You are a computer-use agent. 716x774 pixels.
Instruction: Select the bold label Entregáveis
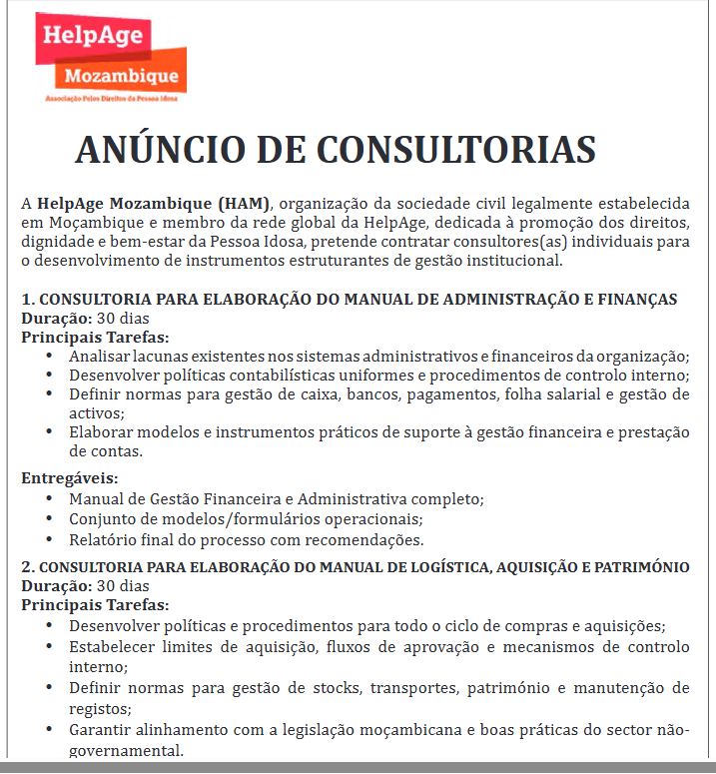[70, 477]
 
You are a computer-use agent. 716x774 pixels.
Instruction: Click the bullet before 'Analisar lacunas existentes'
[50, 357]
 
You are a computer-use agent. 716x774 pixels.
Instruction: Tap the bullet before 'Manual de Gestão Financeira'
[50, 498]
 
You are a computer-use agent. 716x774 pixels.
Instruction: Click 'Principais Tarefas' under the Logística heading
[95, 604]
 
